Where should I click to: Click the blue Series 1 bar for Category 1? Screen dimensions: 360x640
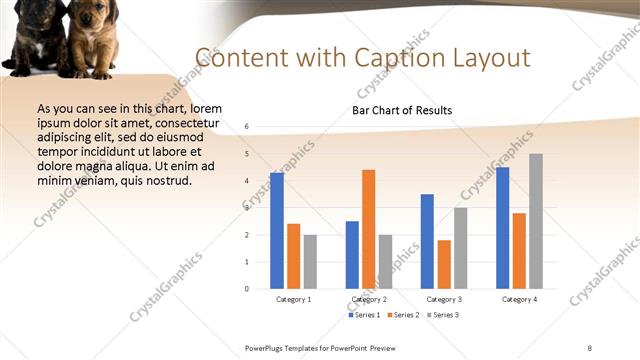coord(276,231)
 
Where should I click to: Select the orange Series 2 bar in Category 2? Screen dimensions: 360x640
coord(368,229)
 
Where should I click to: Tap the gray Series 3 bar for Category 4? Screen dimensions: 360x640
coord(536,221)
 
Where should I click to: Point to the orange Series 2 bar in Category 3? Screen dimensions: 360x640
coord(444,264)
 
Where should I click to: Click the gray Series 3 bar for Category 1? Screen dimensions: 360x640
coord(310,262)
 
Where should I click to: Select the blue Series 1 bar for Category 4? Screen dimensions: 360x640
coord(502,228)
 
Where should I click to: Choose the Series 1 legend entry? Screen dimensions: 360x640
coord(364,315)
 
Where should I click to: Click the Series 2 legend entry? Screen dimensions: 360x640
coord(402,315)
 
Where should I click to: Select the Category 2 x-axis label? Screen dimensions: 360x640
coord(369,299)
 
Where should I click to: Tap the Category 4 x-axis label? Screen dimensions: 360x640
coord(519,299)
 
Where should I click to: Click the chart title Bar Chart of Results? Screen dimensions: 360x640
coord(402,110)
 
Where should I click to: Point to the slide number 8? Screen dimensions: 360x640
coord(589,347)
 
